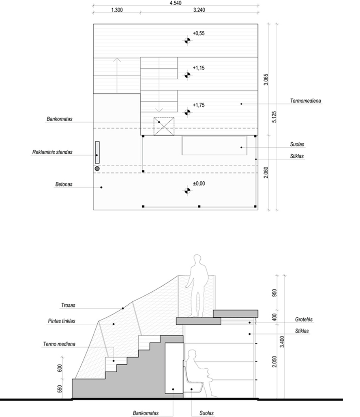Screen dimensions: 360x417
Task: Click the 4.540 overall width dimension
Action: click(x=175, y=3)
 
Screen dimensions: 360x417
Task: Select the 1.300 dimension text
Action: click(x=117, y=10)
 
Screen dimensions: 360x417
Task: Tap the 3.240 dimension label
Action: click(x=199, y=10)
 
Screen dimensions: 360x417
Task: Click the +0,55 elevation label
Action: click(x=199, y=33)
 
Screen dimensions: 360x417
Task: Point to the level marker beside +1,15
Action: click(x=187, y=75)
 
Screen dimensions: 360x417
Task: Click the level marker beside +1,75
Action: click(x=187, y=112)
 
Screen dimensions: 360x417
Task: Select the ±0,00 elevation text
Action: click(x=199, y=183)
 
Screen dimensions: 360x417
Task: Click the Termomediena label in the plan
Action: click(x=306, y=101)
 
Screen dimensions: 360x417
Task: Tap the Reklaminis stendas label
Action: click(x=52, y=152)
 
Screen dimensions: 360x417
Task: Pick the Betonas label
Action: click(x=64, y=184)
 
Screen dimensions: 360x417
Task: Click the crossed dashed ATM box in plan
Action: click(x=164, y=126)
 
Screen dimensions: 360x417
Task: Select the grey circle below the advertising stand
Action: click(x=97, y=169)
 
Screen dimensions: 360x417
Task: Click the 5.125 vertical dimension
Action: click(x=274, y=117)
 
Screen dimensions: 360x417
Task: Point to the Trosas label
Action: click(x=69, y=305)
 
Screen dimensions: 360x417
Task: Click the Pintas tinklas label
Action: click(x=62, y=321)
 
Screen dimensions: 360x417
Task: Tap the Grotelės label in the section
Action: click(x=304, y=319)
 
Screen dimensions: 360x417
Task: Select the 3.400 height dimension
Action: click(x=282, y=342)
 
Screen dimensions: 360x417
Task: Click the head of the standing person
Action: click(x=197, y=259)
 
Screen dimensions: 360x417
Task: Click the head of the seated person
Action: click(x=191, y=355)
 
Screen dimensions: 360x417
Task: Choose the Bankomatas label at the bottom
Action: click(x=146, y=413)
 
